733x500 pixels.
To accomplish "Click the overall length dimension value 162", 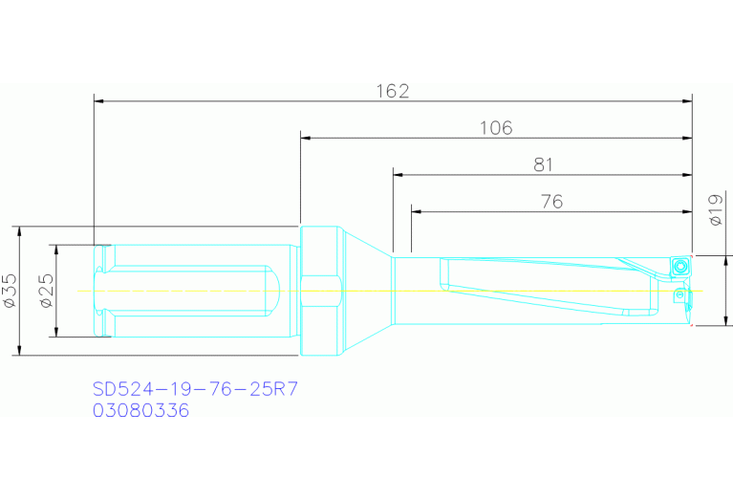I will [x=392, y=91].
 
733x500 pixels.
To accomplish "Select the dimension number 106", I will [x=496, y=127].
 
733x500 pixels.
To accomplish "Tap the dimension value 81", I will [x=543, y=164].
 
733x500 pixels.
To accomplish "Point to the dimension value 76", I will [x=551, y=201].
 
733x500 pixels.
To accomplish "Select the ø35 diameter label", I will [x=11, y=291].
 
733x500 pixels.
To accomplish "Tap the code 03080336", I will [x=140, y=410].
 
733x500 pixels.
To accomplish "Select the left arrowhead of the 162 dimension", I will [x=99, y=100].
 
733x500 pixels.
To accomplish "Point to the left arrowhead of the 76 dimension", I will [x=417, y=210].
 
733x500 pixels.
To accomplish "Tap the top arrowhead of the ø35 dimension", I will [x=19, y=232].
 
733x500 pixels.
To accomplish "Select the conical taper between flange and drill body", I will [x=365, y=291].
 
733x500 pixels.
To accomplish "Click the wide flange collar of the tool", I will [x=320, y=291].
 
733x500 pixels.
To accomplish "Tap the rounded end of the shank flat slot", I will [x=272, y=291].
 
